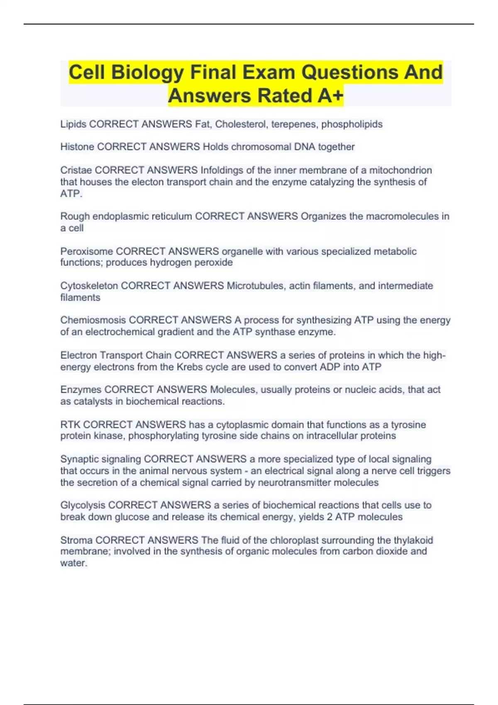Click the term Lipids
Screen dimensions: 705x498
73,124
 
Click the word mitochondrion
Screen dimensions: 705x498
400,170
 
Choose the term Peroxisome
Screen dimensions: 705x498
86,251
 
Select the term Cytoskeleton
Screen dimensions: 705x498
89,286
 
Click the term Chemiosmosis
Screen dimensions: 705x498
93,320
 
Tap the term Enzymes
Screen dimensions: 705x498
81,390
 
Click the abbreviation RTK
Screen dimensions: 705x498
70,425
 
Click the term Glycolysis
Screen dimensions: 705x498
83,505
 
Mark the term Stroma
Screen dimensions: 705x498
76,540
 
